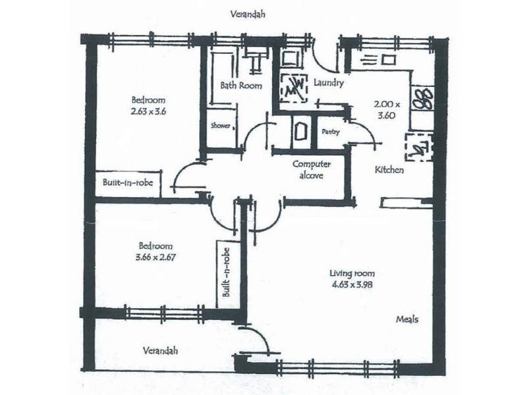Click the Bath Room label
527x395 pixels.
[x=241, y=86]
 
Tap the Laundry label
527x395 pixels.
[x=328, y=83]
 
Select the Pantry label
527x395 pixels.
[x=331, y=132]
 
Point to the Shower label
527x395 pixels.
[x=221, y=126]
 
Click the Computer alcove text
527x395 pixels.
[x=311, y=170]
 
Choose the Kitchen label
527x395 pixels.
[x=389, y=170]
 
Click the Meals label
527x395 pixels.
[x=407, y=319]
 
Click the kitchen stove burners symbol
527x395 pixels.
[x=422, y=99]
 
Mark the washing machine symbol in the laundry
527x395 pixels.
[x=294, y=88]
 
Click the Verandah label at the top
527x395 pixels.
[x=248, y=14]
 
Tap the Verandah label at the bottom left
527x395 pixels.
[x=160, y=351]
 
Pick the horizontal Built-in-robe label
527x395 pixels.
[x=128, y=182]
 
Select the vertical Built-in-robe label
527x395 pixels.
[x=226, y=273]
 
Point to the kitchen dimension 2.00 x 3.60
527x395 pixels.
[x=387, y=110]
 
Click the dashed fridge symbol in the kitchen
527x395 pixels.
[x=419, y=147]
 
